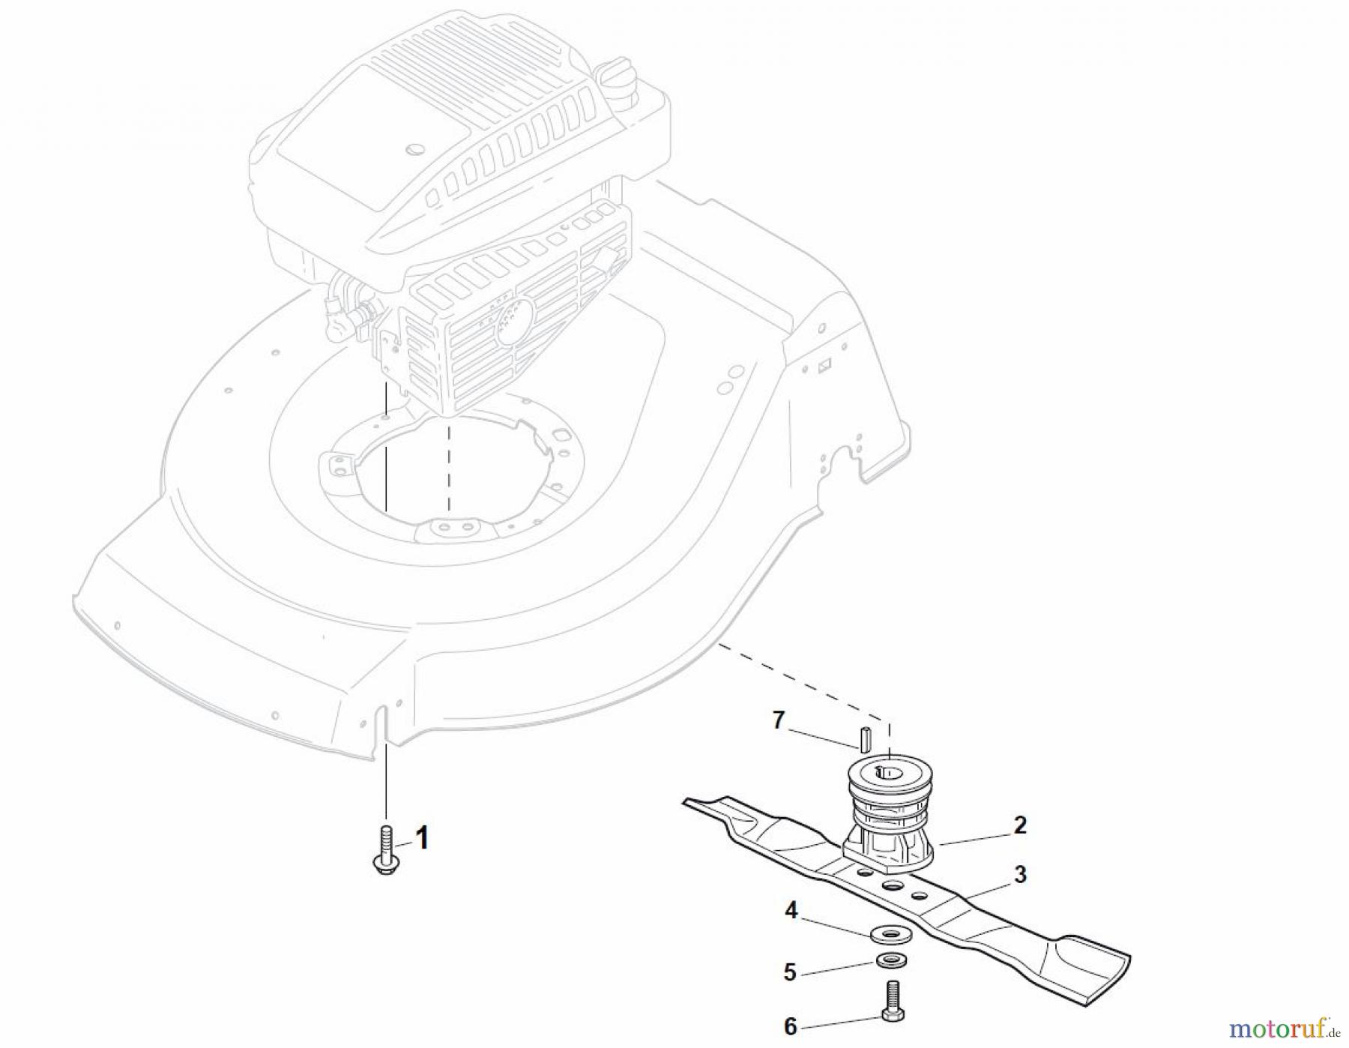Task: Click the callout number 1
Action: click(x=423, y=838)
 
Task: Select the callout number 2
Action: click(x=1019, y=825)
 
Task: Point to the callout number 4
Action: click(x=791, y=911)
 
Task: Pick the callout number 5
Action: click(x=790, y=972)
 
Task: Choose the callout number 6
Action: click(x=790, y=1026)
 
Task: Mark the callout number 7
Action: click(x=778, y=720)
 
